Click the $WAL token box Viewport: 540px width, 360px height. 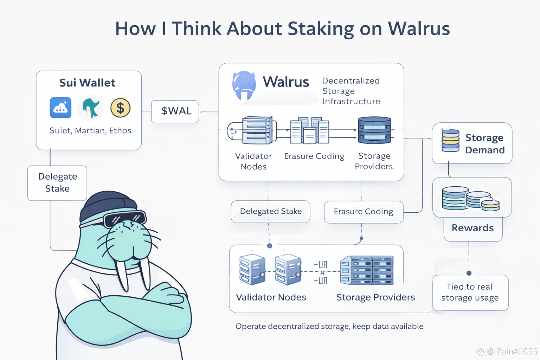point(175,111)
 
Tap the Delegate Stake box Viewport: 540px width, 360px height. point(57,183)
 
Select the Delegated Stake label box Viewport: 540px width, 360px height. point(270,211)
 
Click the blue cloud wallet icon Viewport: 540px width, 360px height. point(60,108)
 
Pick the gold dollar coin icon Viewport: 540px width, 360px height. point(120,108)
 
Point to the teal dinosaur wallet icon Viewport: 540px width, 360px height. point(91,108)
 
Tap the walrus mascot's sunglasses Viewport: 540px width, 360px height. point(124,219)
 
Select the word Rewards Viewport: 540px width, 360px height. point(472,228)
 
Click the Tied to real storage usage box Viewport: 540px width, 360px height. point(470,292)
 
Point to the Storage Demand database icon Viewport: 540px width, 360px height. point(450,140)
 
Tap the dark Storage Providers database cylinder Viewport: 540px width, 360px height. point(374,130)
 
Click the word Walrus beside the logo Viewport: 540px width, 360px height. point(286,82)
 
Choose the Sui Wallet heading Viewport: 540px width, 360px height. point(87,83)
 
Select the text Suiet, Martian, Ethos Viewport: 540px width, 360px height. point(90,131)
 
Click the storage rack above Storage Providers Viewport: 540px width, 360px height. point(367,270)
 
